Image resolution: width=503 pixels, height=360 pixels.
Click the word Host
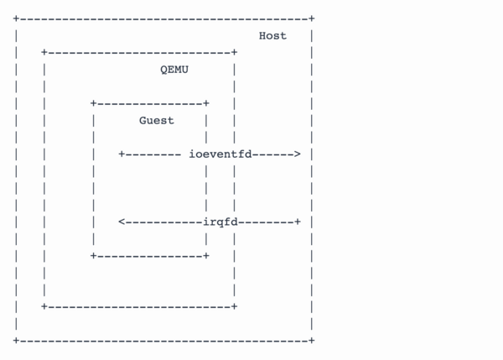pos(272,35)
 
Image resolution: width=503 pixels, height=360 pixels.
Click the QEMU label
pos(174,70)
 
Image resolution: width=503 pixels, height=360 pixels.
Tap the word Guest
pos(157,120)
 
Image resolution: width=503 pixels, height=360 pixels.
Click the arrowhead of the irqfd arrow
pos(122,222)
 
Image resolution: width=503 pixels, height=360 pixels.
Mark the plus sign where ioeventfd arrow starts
pos(122,154)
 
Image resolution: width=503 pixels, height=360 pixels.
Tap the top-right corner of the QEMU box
pos(234,52)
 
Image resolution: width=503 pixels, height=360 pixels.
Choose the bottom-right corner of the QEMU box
pos(234,307)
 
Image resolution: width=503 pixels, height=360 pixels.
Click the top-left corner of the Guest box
pos(94,103)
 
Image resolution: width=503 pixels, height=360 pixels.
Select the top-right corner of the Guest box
pos(205,103)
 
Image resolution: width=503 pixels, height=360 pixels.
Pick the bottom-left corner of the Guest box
pos(94,255)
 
